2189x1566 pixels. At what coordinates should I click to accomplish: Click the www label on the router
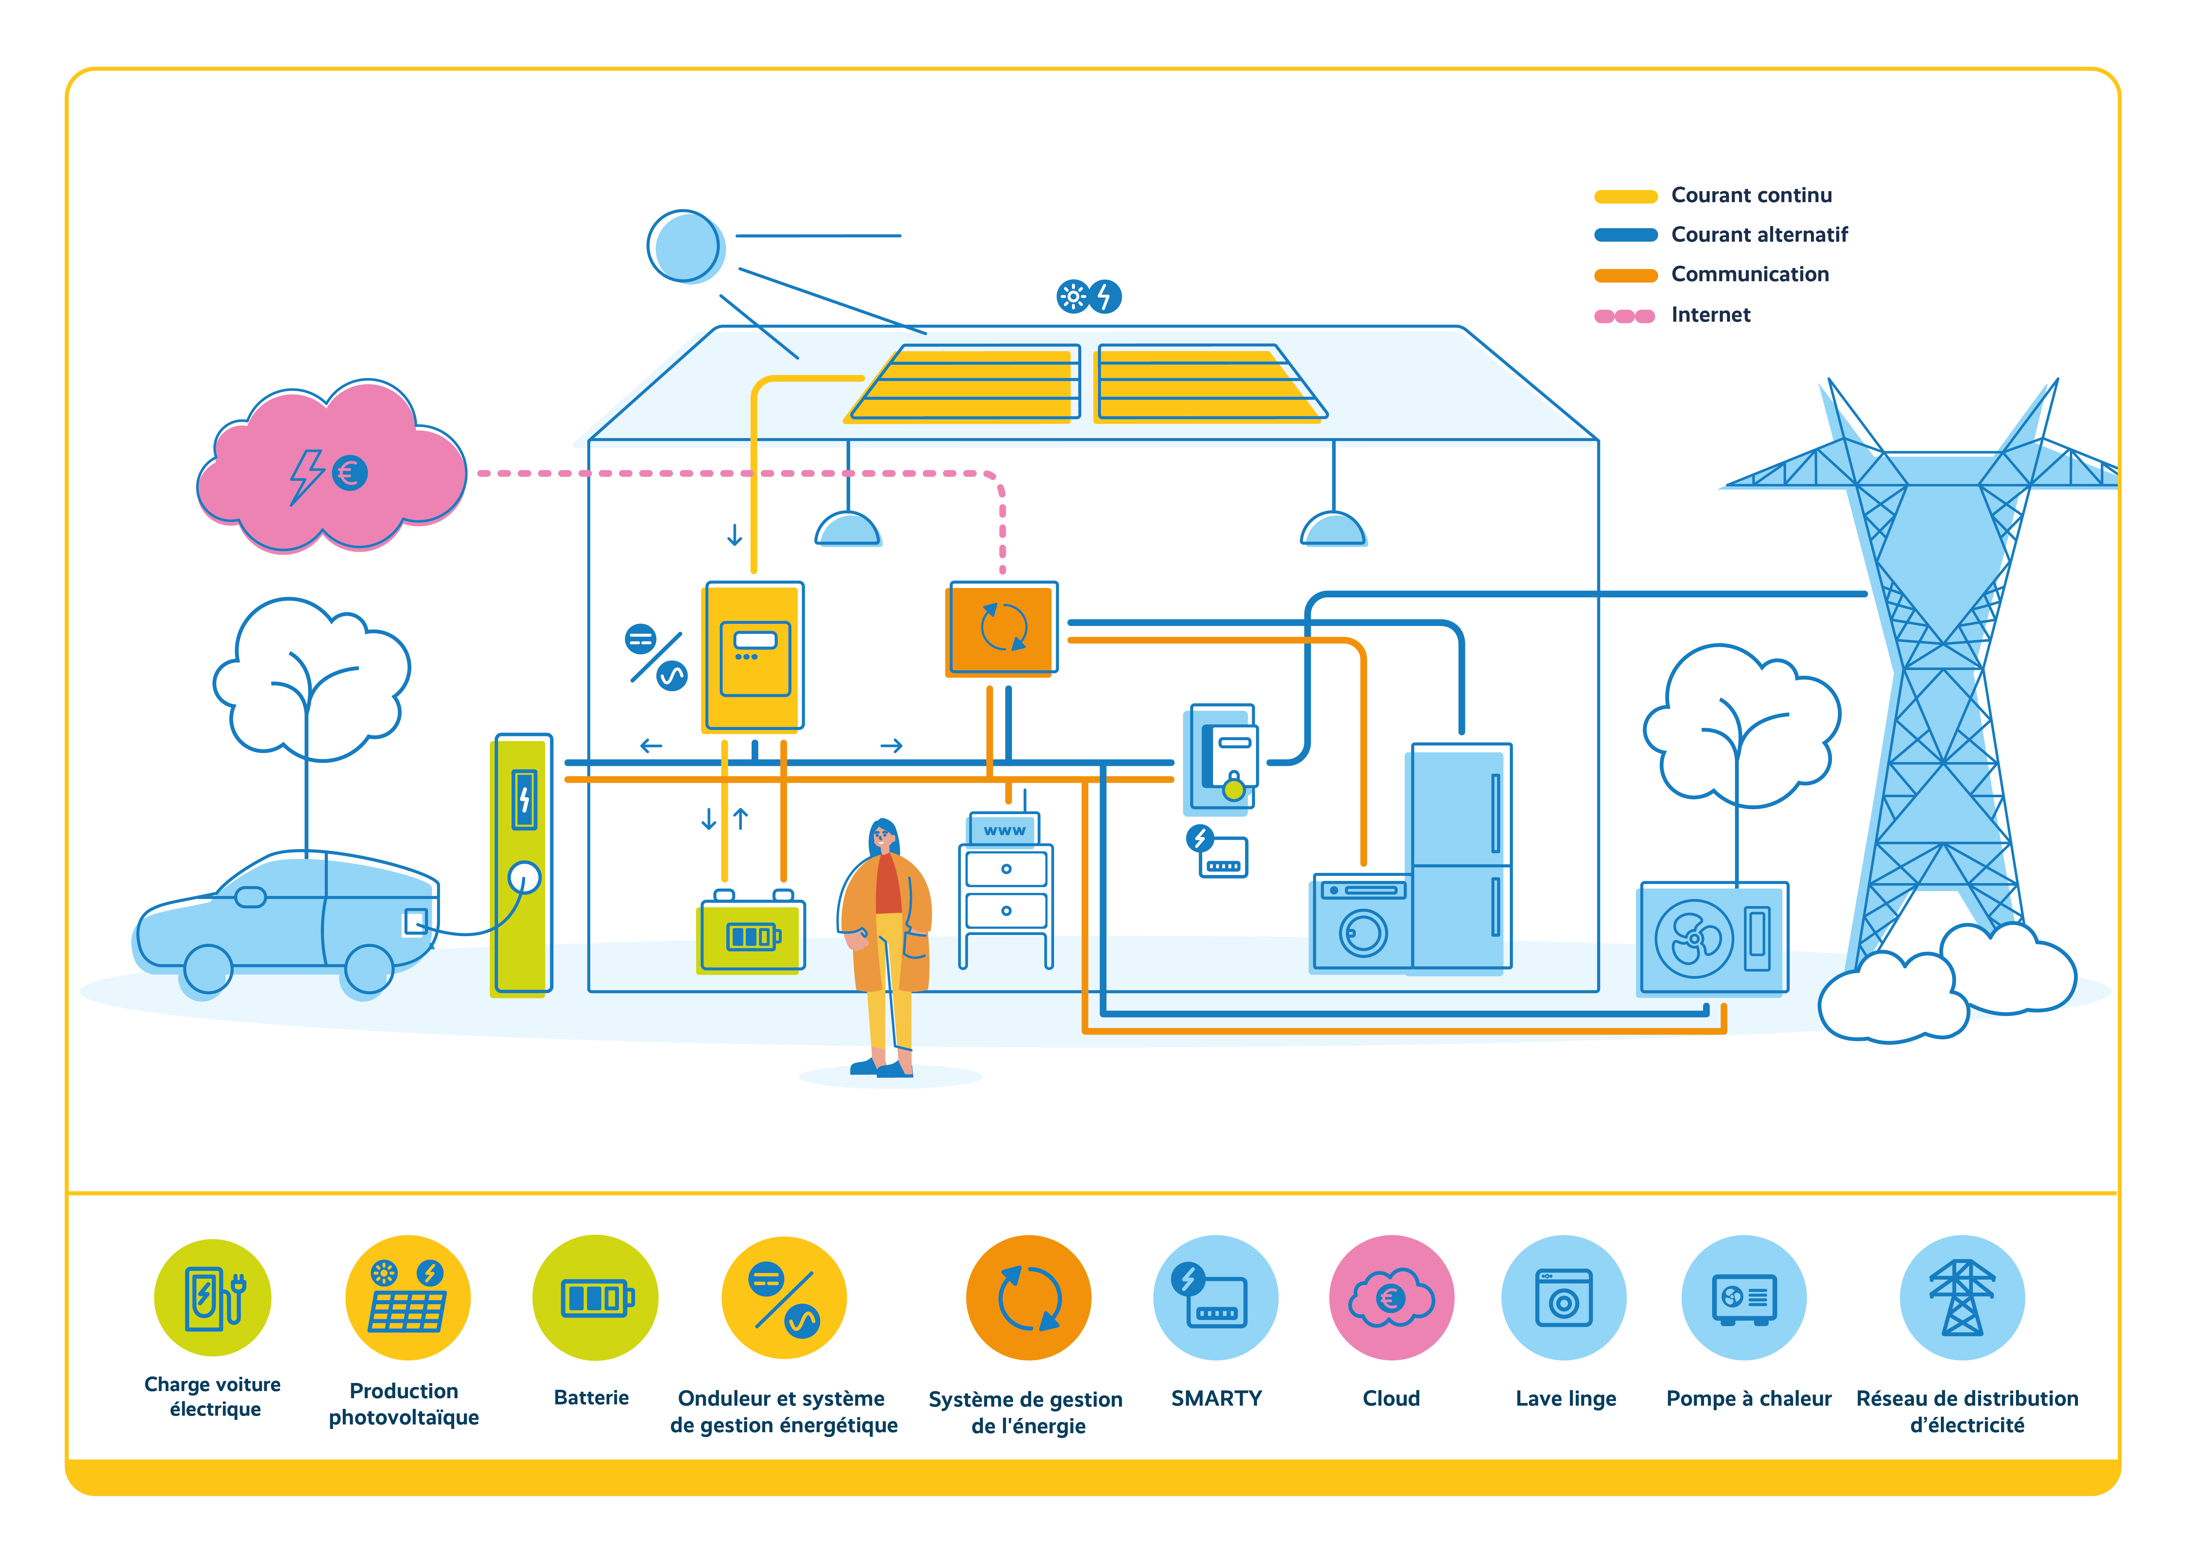pos(1004,830)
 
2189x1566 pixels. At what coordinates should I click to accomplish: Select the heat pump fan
pos(1694,938)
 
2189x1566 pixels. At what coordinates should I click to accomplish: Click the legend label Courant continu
pos(1751,195)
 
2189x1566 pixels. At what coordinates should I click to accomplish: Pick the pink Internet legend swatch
pos(1625,315)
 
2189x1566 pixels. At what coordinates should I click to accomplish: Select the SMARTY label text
pos(1216,1398)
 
